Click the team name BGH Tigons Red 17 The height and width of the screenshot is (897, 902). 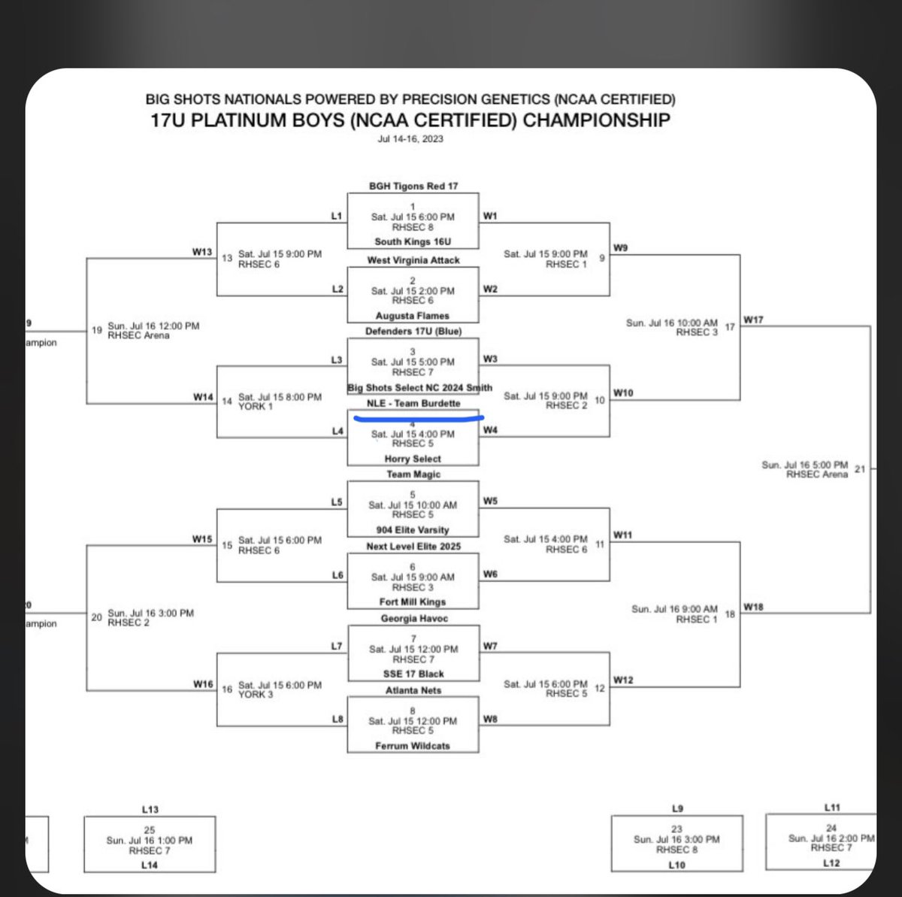click(x=413, y=186)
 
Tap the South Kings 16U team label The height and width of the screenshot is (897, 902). click(x=413, y=242)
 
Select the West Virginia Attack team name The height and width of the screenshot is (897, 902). click(x=413, y=260)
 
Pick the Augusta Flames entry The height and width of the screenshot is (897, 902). click(x=413, y=316)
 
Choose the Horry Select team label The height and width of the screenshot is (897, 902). click(x=413, y=459)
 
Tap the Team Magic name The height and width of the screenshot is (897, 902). click(x=413, y=474)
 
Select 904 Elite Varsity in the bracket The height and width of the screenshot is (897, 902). click(x=413, y=530)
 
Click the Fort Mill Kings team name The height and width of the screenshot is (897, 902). click(x=413, y=602)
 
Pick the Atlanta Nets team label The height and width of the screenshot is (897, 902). click(x=413, y=690)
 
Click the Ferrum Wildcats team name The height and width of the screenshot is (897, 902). click(x=413, y=746)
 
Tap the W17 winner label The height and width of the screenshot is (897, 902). click(x=753, y=320)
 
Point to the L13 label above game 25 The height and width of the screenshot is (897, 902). click(x=150, y=810)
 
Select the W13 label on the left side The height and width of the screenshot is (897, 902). click(x=202, y=253)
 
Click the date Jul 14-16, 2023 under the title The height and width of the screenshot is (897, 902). click(x=410, y=139)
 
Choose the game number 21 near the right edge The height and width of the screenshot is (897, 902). click(x=860, y=469)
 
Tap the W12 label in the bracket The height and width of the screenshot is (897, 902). click(x=623, y=680)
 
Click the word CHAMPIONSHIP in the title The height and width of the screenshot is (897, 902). click(x=596, y=120)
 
